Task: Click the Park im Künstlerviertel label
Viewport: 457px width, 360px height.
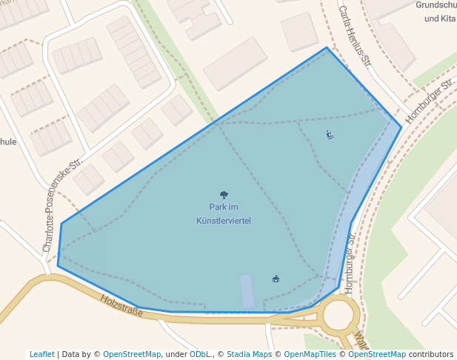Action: [x=224, y=213]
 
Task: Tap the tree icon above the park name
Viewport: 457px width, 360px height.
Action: [x=224, y=196]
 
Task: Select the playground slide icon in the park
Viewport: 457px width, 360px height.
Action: [x=330, y=135]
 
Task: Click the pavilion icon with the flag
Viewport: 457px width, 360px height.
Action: [x=276, y=279]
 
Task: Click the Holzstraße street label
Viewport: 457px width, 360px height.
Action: [x=121, y=305]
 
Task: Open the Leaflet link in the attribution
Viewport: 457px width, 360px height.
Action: [x=41, y=355]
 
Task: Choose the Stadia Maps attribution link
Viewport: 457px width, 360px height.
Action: [x=249, y=355]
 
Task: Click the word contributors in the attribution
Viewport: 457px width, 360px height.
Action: [x=430, y=355]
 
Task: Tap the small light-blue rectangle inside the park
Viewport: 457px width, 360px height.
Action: [x=247, y=290]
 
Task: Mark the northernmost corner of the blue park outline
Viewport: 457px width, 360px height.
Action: [x=327, y=48]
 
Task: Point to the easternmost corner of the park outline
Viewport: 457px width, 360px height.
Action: [x=401, y=127]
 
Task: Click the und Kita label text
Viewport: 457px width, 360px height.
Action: [x=439, y=18]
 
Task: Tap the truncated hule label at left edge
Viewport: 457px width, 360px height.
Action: [x=7, y=141]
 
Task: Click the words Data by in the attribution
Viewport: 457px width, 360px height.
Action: [x=79, y=355]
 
